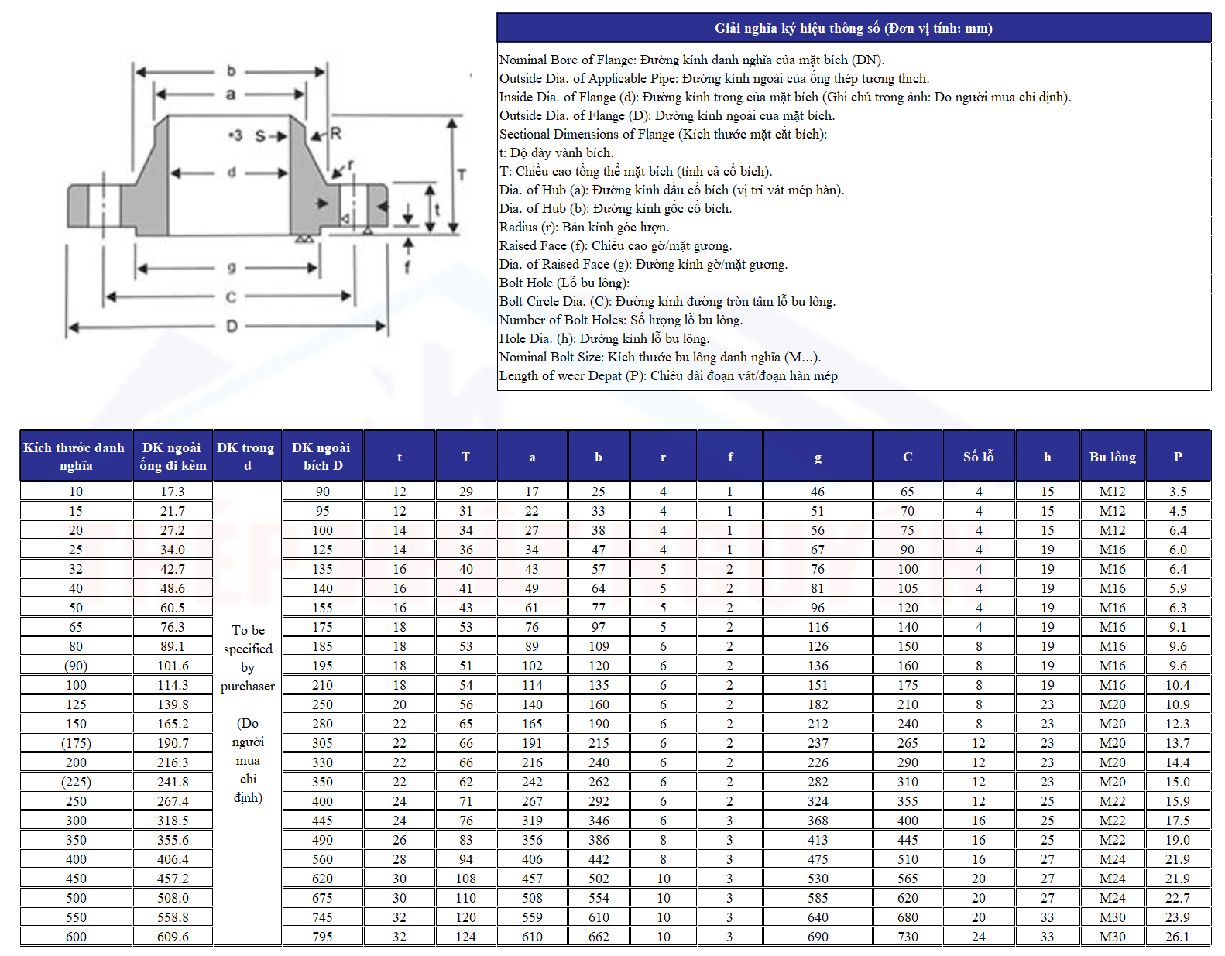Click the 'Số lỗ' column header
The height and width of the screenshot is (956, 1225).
978,456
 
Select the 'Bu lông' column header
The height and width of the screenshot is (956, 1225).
1112,456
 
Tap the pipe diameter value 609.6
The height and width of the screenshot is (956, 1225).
173,937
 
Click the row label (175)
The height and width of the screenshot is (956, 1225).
76,743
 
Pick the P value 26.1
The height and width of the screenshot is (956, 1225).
1178,937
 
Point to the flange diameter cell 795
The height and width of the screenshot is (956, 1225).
322,937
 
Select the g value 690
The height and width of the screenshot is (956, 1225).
818,937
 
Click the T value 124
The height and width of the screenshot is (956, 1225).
465,937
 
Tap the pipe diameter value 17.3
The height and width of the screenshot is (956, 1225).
173,492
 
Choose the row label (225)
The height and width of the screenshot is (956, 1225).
76,781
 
